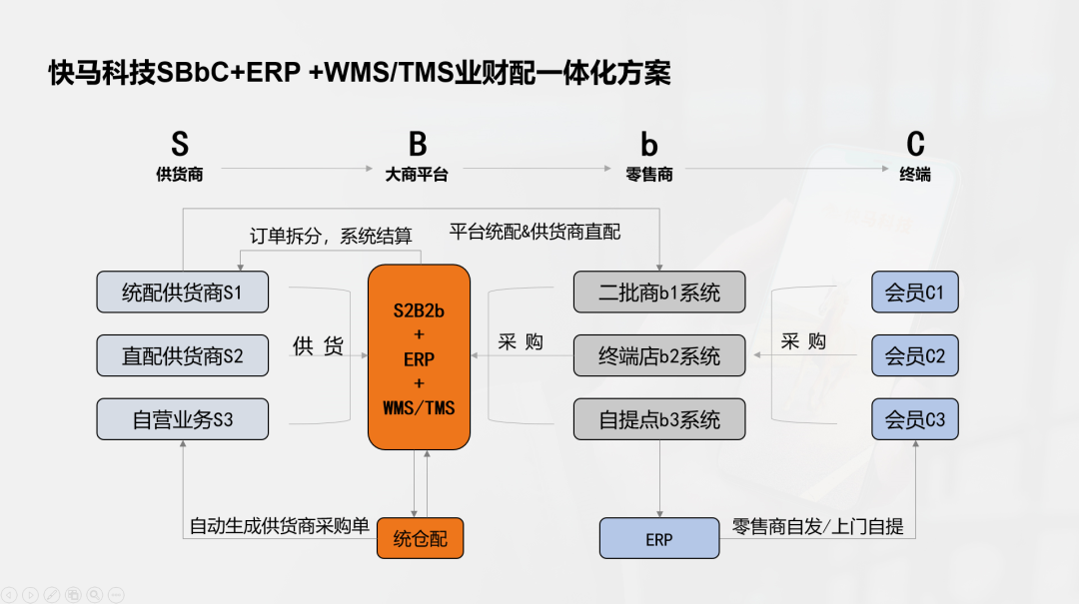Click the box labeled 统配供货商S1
[x=182, y=293]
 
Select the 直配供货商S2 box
[x=182, y=355]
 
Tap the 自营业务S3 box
[x=182, y=419]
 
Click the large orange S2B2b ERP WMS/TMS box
[x=419, y=357]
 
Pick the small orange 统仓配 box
[x=420, y=539]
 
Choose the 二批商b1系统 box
[x=659, y=293]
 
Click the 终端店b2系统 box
[x=659, y=355]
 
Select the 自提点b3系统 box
[x=659, y=419]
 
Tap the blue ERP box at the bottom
[x=659, y=539]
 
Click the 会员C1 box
[x=914, y=293]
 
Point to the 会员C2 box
[x=914, y=355]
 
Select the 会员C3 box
[x=914, y=419]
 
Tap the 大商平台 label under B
[x=417, y=175]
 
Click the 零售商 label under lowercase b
[x=649, y=175]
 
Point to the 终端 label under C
[x=915, y=175]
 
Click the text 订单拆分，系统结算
[x=331, y=236]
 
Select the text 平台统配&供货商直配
[x=536, y=232]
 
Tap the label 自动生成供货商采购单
[x=279, y=526]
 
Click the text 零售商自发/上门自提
[x=817, y=526]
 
